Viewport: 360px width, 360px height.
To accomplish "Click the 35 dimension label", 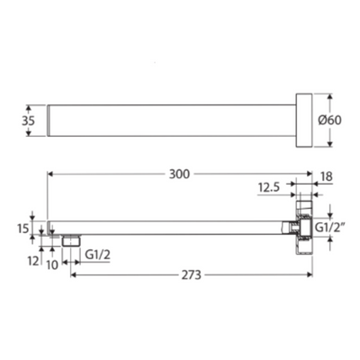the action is pyautogui.click(x=28, y=121).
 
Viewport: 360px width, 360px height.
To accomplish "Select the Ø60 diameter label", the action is pyautogui.click(x=329, y=121).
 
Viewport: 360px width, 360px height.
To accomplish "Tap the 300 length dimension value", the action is pyautogui.click(x=179, y=174).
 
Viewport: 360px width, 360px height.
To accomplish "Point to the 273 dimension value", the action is pyautogui.click(x=191, y=274).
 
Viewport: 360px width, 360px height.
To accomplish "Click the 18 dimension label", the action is pyautogui.click(x=327, y=176).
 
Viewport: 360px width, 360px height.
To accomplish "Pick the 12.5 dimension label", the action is pyautogui.click(x=269, y=188).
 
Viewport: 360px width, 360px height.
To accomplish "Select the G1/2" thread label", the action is pyautogui.click(x=328, y=229).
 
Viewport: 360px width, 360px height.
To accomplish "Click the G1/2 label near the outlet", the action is pyautogui.click(x=98, y=255).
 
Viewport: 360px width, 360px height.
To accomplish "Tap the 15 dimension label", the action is pyautogui.click(x=22, y=229).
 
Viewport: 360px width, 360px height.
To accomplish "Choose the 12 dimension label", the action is pyautogui.click(x=33, y=261).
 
